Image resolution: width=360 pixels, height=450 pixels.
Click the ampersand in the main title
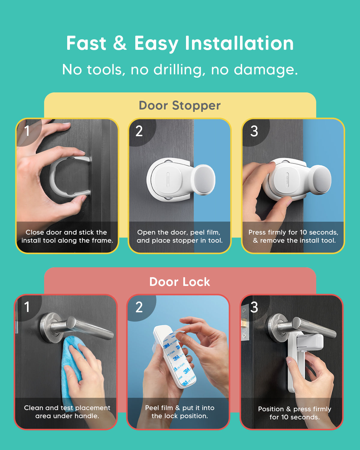click(x=120, y=43)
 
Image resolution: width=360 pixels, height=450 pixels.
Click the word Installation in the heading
click(x=239, y=43)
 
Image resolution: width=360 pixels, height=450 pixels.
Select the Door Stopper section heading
click(x=180, y=105)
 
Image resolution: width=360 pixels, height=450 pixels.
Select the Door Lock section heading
click(x=180, y=282)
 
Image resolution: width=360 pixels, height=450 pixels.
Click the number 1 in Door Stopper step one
click(x=27, y=131)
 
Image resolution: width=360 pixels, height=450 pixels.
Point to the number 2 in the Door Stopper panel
click(x=139, y=131)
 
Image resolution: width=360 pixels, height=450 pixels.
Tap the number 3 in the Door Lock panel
click(x=254, y=307)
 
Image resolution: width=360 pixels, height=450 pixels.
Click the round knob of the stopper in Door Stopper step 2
click(x=203, y=180)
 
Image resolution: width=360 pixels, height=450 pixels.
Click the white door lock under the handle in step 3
click(x=301, y=364)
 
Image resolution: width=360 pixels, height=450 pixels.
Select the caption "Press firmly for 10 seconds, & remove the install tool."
click(x=293, y=236)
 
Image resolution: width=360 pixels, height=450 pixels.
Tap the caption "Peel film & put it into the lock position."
click(x=180, y=412)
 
